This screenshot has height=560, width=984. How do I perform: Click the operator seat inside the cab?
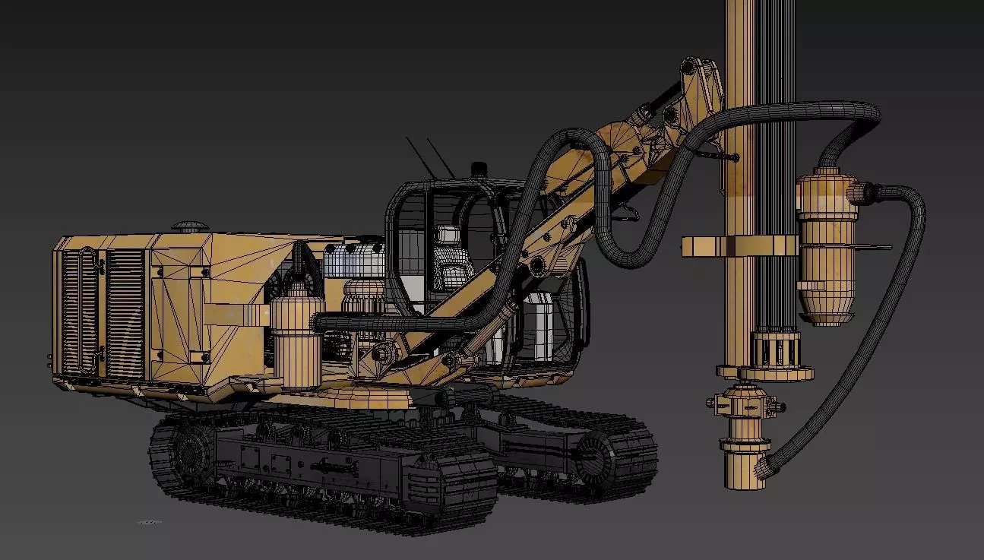(450, 262)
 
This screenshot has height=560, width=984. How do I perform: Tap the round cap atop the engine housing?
(186, 226)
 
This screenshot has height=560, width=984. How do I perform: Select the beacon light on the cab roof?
(478, 169)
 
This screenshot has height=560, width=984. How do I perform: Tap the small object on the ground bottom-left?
(149, 522)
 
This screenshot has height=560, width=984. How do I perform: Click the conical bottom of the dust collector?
(827, 308)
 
